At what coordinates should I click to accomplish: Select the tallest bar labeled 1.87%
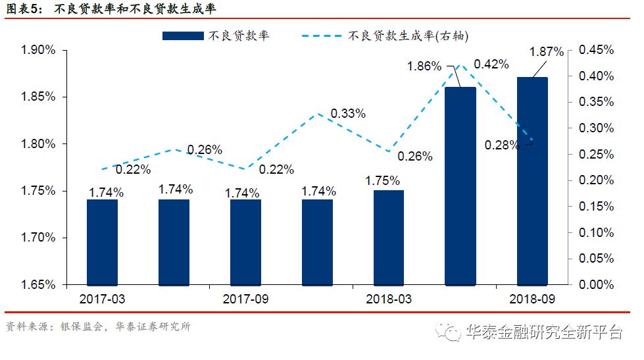click(x=532, y=181)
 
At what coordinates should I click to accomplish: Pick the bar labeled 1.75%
click(x=388, y=238)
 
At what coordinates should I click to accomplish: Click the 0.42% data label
click(x=491, y=64)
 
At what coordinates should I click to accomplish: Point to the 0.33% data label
click(x=348, y=113)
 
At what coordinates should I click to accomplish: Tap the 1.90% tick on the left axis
click(x=37, y=51)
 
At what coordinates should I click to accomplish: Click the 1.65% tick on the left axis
click(x=37, y=285)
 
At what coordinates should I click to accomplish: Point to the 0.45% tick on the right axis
click(x=596, y=51)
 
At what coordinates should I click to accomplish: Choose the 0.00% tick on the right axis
click(x=596, y=285)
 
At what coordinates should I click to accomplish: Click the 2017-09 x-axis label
click(x=245, y=299)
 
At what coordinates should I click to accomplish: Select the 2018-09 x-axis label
click(x=532, y=299)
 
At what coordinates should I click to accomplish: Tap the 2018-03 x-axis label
click(x=388, y=299)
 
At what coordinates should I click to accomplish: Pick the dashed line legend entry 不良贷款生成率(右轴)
click(x=382, y=36)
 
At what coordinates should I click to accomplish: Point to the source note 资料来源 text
click(x=98, y=326)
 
